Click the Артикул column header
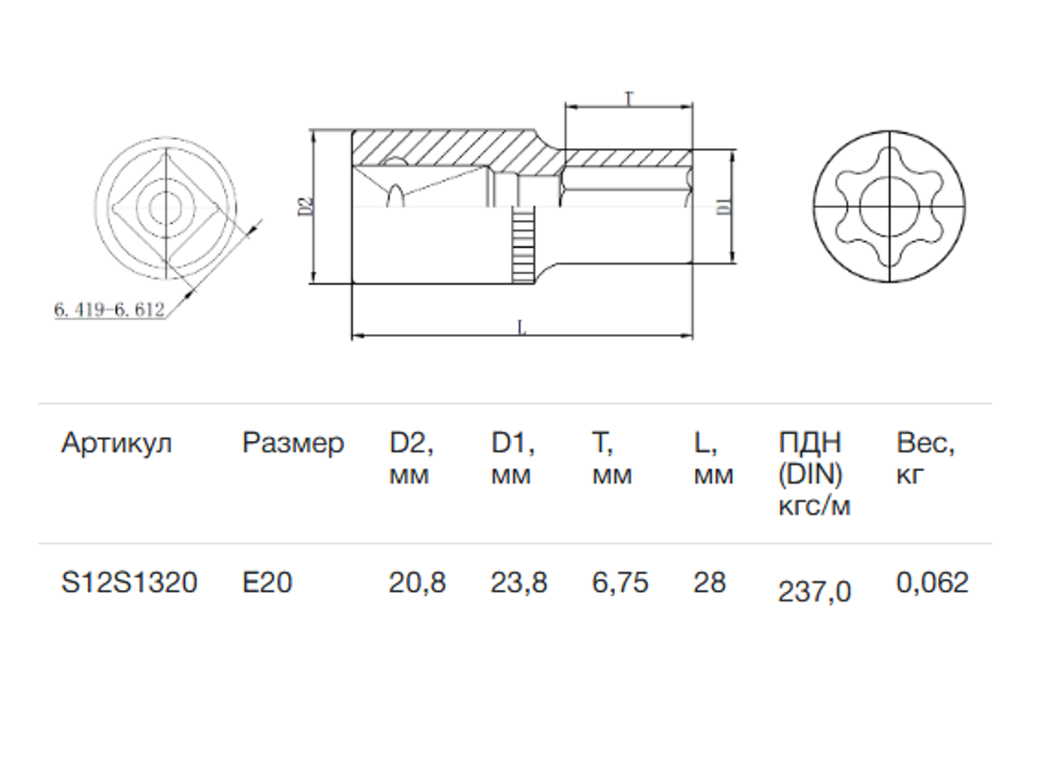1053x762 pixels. [117, 444]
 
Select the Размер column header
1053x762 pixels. [293, 444]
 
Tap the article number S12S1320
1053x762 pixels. [129, 582]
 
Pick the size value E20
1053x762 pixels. [267, 582]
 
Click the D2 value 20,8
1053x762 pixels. [417, 582]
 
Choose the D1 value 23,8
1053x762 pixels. [518, 582]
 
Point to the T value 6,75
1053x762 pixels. [620, 582]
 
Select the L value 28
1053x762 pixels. [709, 582]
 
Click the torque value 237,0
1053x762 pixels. [814, 591]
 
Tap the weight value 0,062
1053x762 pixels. [932, 582]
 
